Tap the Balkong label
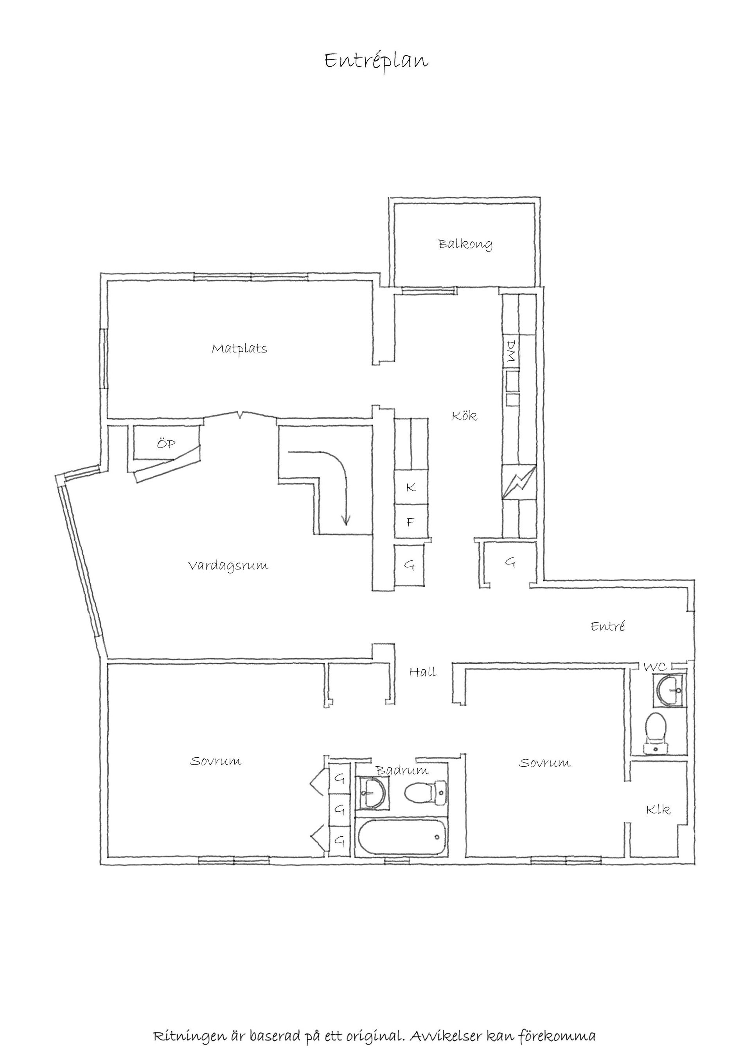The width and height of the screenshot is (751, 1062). click(465, 244)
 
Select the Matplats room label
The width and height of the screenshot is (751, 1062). click(239, 349)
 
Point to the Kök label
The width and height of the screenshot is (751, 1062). click(464, 416)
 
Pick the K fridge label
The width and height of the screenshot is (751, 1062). click(410, 487)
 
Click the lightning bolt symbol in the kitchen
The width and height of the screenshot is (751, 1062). click(519, 482)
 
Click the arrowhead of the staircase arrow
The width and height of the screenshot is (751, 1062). click(345, 521)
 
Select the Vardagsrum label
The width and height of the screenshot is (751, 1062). click(228, 566)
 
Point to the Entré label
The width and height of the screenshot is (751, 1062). click(607, 626)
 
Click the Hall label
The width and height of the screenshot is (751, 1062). click(423, 672)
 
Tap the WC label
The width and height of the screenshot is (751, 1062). click(655, 667)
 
